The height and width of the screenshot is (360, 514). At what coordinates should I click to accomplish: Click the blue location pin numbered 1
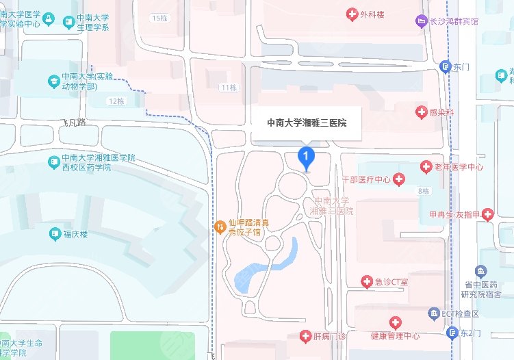coord(307,157)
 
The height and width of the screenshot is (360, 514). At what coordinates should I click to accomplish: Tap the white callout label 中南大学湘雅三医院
coord(306,123)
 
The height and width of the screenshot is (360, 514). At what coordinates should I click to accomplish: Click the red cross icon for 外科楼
coord(352,14)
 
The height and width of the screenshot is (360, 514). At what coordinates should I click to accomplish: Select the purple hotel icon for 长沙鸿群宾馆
coord(421,21)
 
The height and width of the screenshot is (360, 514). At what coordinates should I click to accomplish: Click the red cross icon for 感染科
coord(421,111)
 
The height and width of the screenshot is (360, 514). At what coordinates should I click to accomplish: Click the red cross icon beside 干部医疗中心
coord(398,179)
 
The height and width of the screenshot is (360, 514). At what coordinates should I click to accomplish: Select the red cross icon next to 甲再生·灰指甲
coord(487,214)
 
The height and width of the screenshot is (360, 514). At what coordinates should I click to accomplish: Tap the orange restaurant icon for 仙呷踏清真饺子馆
coord(220,227)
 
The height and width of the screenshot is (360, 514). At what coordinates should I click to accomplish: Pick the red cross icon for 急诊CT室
coord(367,282)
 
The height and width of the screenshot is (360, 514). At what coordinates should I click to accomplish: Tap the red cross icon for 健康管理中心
coord(395,322)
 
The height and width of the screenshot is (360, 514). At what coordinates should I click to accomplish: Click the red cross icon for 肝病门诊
coord(307,336)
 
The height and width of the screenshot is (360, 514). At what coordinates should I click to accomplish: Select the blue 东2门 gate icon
coord(452,333)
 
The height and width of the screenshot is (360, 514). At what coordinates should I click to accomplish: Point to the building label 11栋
coord(229,88)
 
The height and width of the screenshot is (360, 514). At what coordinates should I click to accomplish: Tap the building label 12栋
coord(116,101)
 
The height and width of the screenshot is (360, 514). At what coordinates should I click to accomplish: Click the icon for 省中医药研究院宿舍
coord(481,272)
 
